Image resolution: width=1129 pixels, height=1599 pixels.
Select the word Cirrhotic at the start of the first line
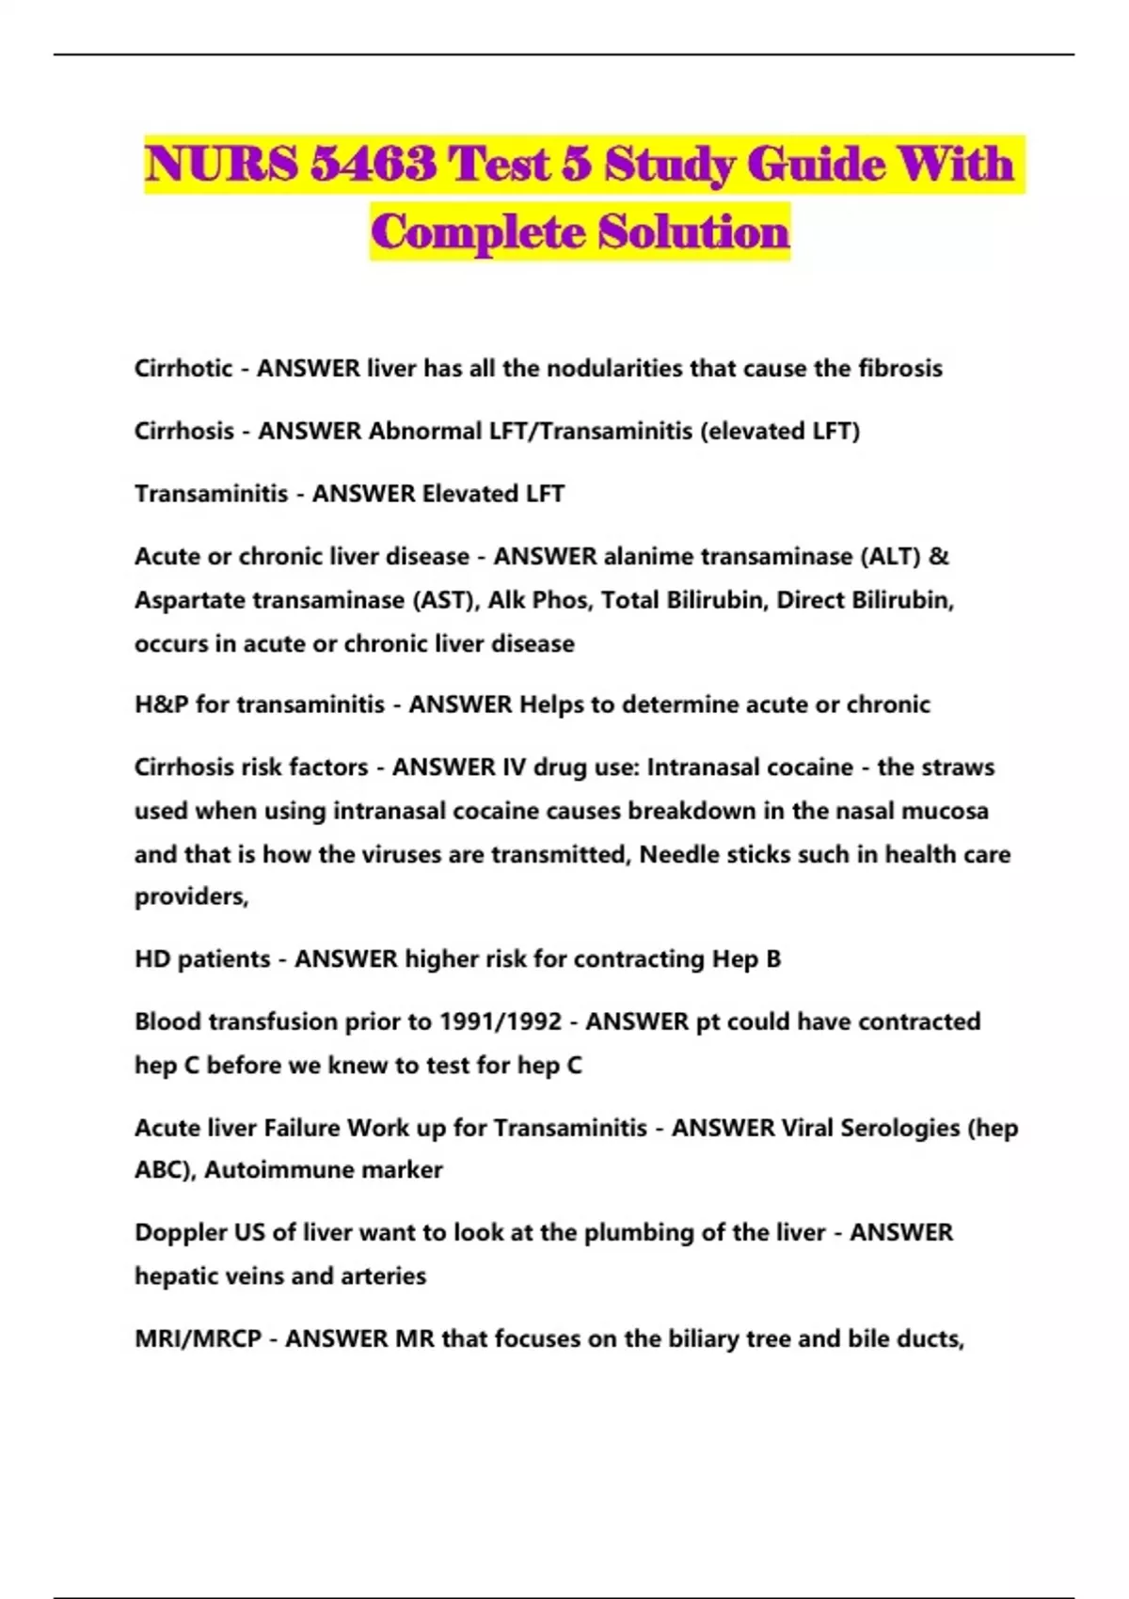point(183,368)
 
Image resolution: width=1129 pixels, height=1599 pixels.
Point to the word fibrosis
point(899,368)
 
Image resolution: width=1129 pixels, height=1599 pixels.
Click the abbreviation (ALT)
point(890,557)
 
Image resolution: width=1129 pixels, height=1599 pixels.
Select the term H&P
point(161,705)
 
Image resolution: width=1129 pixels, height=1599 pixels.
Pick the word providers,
point(191,897)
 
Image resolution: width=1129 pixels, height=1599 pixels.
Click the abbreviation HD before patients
point(151,959)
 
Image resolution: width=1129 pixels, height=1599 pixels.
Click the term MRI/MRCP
point(198,1338)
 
